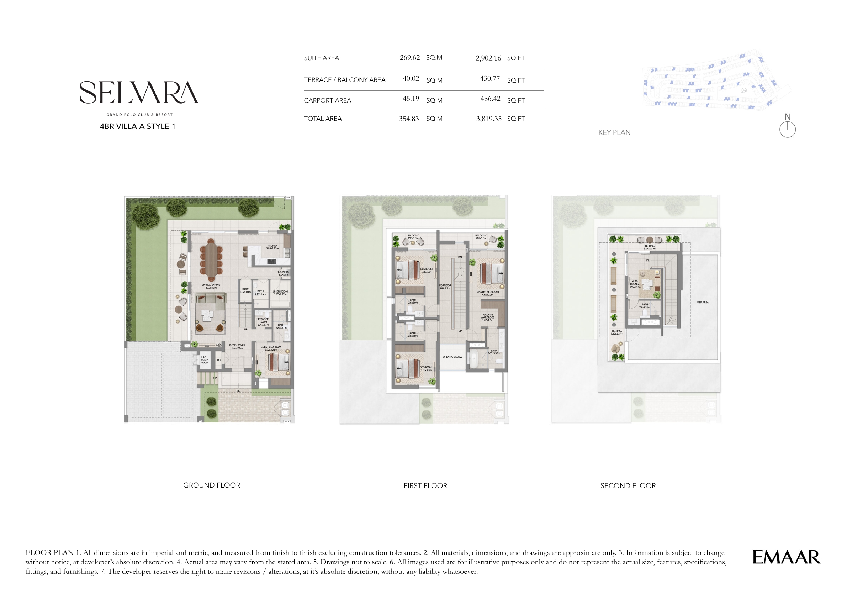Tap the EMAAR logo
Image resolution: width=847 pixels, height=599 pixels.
(786, 557)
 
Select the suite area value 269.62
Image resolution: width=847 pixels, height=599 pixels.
(409, 58)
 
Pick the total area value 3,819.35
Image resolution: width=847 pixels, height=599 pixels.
(488, 119)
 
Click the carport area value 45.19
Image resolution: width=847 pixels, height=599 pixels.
(411, 99)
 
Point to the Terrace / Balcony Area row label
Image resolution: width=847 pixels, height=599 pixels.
(344, 80)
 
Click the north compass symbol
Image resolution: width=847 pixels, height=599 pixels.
(787, 129)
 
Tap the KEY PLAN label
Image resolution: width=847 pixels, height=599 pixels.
(614, 132)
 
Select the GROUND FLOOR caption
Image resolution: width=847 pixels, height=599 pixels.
(211, 485)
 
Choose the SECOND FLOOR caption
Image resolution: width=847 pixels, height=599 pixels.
(628, 486)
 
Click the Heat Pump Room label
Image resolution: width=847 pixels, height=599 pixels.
(205, 360)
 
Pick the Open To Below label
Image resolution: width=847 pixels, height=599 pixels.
(452, 357)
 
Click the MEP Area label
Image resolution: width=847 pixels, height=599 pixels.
(702, 302)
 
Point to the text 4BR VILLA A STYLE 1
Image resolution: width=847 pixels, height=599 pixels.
(137, 126)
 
